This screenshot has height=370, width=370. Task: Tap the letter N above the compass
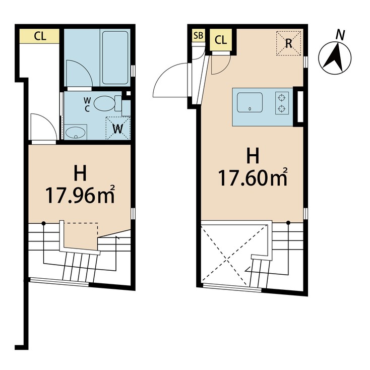click(341, 35)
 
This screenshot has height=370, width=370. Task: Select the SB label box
click(199, 36)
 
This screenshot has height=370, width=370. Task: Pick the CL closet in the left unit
click(39, 36)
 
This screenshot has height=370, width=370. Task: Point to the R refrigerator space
click(289, 43)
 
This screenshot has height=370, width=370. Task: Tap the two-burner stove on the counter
click(281, 101)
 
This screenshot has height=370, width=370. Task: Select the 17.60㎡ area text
click(253, 177)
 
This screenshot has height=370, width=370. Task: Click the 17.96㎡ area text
click(80, 195)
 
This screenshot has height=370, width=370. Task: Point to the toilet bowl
click(107, 103)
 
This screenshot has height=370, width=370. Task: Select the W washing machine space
click(118, 128)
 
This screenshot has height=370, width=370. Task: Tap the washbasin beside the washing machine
click(76, 133)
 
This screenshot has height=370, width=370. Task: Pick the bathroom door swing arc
click(79, 73)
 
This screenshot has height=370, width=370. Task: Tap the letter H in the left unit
click(80, 173)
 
